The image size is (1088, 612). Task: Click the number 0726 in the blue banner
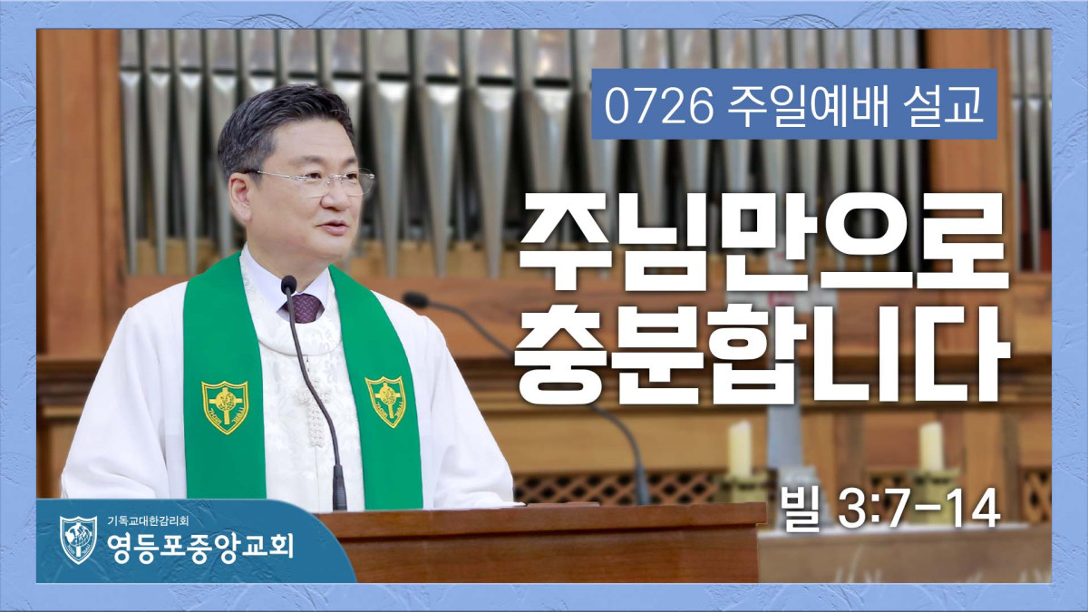coord(658,107)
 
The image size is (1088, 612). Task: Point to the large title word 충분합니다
coord(763,352)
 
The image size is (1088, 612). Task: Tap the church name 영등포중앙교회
coord(200,548)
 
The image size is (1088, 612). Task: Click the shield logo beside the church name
coord(78,539)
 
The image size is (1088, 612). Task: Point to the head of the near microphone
coord(288,285)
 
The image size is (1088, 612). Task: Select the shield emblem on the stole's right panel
coord(386,401)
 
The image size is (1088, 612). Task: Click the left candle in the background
coord(740,450)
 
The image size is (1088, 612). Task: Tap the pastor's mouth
coord(335,226)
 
